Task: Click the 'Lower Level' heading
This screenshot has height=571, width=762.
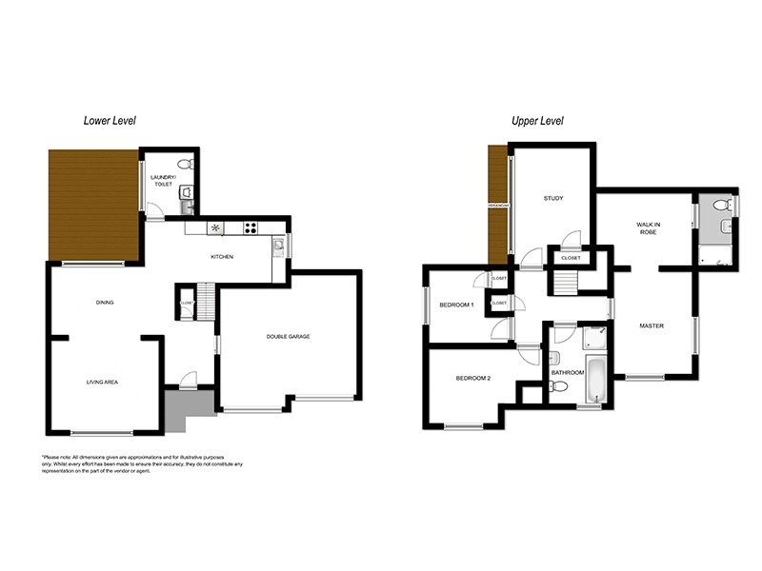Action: (110, 121)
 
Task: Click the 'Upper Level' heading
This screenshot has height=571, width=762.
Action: (537, 121)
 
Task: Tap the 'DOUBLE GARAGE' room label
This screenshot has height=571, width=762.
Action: (288, 337)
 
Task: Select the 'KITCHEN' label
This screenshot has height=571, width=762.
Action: (222, 257)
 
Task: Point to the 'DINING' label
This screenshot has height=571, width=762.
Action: (105, 303)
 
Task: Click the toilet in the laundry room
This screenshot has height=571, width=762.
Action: (186, 164)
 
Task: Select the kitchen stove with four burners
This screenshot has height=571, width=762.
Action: (251, 227)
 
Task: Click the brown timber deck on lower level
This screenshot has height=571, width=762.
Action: (94, 204)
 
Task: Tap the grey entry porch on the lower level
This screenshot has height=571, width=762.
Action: (187, 408)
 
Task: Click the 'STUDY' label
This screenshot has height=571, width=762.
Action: (552, 199)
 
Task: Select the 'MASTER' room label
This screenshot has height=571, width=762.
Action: (652, 326)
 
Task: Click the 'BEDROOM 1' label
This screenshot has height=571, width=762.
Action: (456, 305)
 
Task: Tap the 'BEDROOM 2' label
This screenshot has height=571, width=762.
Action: (472, 379)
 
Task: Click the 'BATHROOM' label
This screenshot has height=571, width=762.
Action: (568, 372)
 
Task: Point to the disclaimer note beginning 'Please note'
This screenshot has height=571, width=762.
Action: (142, 463)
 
